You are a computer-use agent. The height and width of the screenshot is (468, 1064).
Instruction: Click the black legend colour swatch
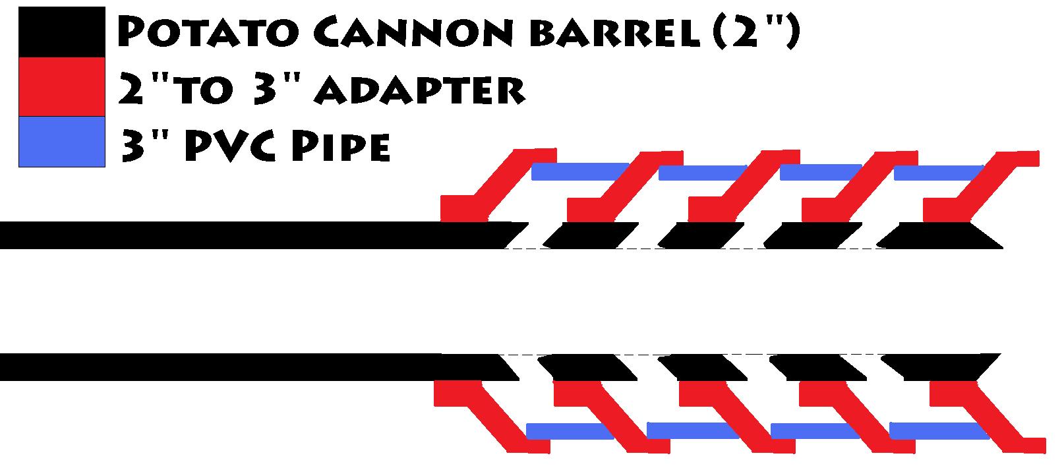point(62,32)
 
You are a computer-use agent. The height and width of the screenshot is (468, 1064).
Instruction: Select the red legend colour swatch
point(62,86)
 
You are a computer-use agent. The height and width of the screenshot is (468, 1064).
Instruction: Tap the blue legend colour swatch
point(62,141)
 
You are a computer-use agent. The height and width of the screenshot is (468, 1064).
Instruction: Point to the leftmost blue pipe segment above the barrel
point(580,171)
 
